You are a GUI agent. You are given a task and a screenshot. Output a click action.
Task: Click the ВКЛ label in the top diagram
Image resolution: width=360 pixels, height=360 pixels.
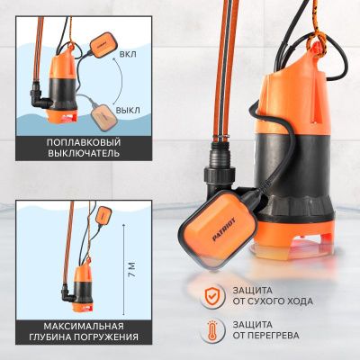coord(128,54)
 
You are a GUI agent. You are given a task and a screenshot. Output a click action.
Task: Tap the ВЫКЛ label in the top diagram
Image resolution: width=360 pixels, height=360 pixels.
coord(128,110)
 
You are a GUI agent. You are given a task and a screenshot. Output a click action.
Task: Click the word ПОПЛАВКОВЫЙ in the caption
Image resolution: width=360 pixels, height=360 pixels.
coord(84,142)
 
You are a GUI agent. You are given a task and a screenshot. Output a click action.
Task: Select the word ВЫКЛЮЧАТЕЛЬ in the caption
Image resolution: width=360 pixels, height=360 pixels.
coord(84,154)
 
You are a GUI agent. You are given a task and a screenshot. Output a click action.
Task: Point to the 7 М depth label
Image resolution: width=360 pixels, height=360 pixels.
coord(131,270)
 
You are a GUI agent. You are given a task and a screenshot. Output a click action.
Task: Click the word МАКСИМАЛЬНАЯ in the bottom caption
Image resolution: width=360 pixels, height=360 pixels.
coord(84,326)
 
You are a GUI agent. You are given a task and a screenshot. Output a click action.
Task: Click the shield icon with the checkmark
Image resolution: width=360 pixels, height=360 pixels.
coord(212,296)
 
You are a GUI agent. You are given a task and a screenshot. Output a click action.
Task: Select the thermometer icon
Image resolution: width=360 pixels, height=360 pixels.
coord(212,329)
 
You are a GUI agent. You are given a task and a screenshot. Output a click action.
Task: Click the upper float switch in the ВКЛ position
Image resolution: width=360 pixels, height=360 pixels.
coord(101,45)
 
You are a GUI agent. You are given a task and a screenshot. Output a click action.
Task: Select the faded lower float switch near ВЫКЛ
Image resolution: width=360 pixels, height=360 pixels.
coord(103,118)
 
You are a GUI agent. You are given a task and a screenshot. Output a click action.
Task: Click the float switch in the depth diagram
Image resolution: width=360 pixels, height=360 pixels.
coord(103,215)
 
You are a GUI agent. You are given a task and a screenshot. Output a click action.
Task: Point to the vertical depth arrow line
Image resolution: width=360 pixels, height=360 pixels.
coord(123,269)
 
